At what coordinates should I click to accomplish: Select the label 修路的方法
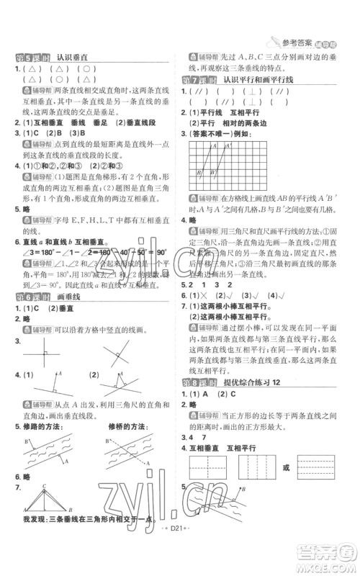pyautogui.click(x=47, y=426)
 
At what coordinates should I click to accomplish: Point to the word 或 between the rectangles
pyautogui.click(x=287, y=467)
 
